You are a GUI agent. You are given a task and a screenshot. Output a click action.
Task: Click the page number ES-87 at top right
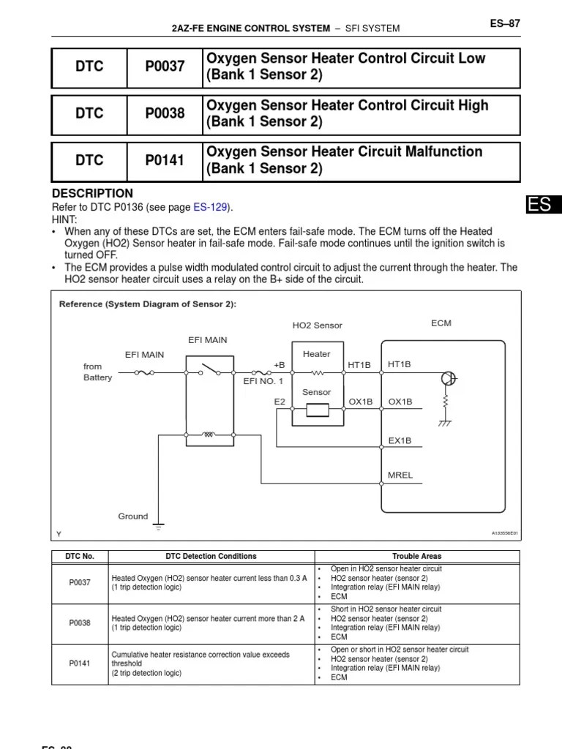point(505,23)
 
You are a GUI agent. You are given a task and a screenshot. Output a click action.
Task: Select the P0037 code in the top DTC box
point(165,67)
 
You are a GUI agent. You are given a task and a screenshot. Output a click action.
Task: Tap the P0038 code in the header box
point(165,113)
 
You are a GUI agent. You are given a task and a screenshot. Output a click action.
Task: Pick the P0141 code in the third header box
point(165,160)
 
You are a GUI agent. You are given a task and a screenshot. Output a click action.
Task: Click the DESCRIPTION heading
point(92,193)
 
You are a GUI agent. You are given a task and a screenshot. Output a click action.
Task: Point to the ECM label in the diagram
point(441,323)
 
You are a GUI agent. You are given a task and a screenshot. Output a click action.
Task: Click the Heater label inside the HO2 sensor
point(316,354)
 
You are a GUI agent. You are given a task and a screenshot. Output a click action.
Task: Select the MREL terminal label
point(400,475)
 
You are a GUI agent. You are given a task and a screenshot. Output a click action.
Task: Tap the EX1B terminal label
point(400,440)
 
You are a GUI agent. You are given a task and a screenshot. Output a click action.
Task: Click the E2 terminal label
point(280,402)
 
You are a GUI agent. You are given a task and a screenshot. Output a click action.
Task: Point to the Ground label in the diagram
point(133,516)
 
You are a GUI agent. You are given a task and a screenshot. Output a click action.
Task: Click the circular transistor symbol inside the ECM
point(449,378)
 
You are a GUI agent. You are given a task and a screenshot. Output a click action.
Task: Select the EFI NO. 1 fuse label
point(263,381)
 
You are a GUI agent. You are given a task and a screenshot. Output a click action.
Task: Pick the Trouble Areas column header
point(416,556)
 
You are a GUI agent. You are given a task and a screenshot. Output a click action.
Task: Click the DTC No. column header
point(80,556)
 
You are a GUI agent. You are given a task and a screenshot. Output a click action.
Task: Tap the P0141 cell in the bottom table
point(80,663)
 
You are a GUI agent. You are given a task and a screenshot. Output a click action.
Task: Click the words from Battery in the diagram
point(97,372)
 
